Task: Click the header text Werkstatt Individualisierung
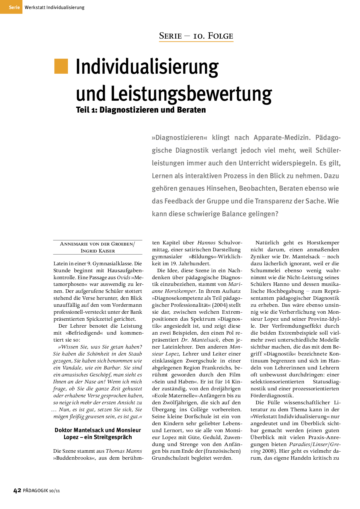coord(55,8)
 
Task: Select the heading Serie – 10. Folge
coord(196,36)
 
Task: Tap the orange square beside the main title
coord(61,66)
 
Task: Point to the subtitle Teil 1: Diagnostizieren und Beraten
coord(141,110)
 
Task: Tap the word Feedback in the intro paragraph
coord(179,201)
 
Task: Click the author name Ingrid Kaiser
coord(98,251)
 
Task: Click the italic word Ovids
coord(123,277)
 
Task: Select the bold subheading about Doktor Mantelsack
coord(98,434)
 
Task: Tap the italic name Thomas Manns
coord(124,451)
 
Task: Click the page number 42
coord(17,490)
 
